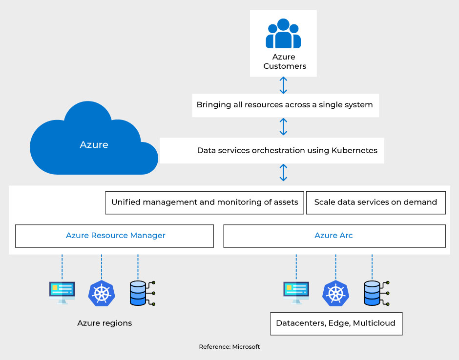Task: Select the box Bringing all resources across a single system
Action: click(285, 105)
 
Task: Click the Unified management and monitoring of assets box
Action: click(205, 202)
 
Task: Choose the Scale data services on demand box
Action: click(376, 202)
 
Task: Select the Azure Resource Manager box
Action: click(115, 236)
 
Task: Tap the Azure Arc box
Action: click(334, 236)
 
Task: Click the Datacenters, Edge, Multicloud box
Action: click(336, 323)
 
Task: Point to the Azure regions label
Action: click(104, 323)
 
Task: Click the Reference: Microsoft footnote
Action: click(229, 347)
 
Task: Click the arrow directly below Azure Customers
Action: click(283, 85)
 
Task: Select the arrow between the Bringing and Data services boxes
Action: click(283, 126)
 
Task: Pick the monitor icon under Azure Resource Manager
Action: click(62, 293)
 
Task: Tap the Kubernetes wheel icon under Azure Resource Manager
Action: click(101, 293)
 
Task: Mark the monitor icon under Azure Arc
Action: click(296, 293)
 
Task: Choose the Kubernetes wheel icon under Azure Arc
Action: click(335, 293)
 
